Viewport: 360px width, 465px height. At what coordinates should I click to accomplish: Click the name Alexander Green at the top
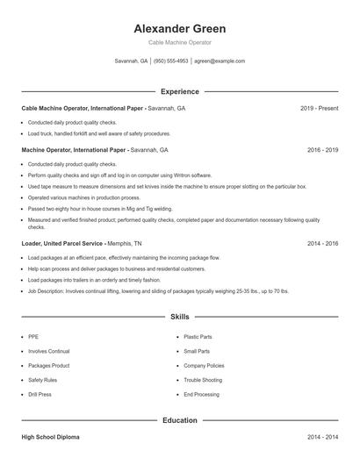[180, 27]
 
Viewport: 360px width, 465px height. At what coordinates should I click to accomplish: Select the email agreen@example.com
[220, 61]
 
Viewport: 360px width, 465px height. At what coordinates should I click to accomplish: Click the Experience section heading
[180, 91]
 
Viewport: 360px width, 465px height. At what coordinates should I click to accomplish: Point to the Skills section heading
[180, 317]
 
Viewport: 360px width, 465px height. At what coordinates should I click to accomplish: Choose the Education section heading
[180, 420]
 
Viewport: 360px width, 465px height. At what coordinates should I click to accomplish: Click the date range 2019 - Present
[319, 108]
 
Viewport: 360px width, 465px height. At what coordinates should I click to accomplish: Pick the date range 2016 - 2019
[322, 150]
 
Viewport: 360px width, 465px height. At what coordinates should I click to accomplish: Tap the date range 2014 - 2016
[322, 242]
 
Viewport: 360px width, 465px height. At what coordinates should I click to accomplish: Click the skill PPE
[33, 336]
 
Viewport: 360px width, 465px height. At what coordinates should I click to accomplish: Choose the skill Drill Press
[40, 395]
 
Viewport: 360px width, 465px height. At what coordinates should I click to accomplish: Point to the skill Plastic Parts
[198, 336]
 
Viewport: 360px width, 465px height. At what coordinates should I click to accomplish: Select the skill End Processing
[201, 395]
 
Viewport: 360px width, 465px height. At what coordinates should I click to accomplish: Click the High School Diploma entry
[51, 436]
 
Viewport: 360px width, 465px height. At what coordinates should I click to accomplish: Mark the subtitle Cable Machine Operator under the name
[180, 42]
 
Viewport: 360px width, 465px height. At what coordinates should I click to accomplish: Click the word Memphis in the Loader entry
[119, 242]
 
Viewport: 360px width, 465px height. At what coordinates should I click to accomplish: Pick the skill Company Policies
[204, 365]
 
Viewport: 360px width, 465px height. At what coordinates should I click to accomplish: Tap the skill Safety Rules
[42, 380]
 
